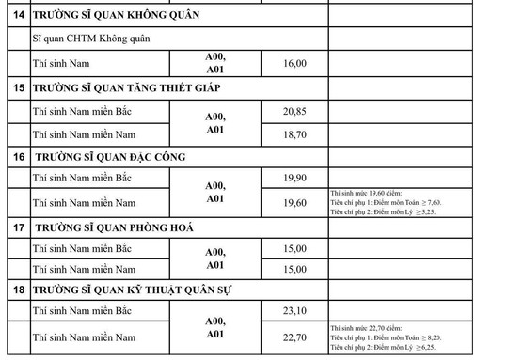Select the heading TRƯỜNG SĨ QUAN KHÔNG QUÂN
(116, 16)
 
